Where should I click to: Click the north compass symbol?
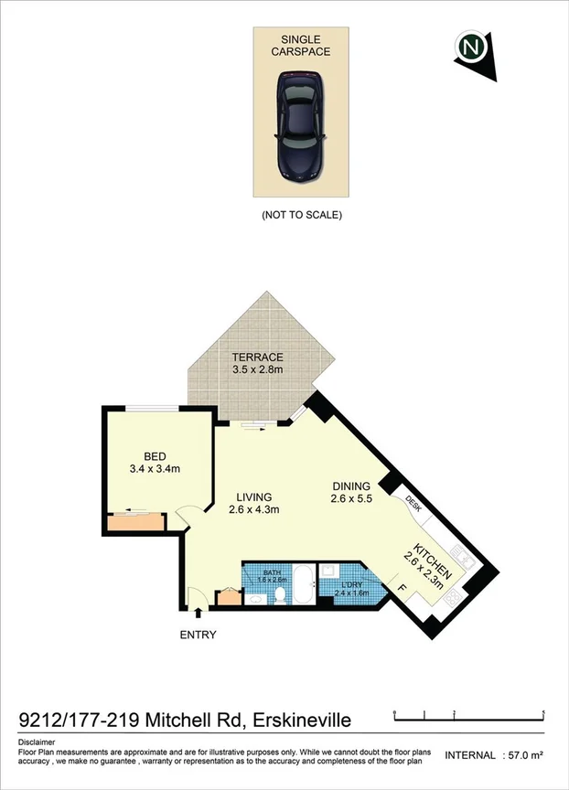pos(472,47)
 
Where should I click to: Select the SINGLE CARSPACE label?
pos(300,46)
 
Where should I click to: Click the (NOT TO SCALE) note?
pos(301,216)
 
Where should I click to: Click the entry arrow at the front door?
pos(198,614)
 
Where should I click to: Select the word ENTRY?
pos(198,635)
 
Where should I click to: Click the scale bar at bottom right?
pos(468,713)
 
